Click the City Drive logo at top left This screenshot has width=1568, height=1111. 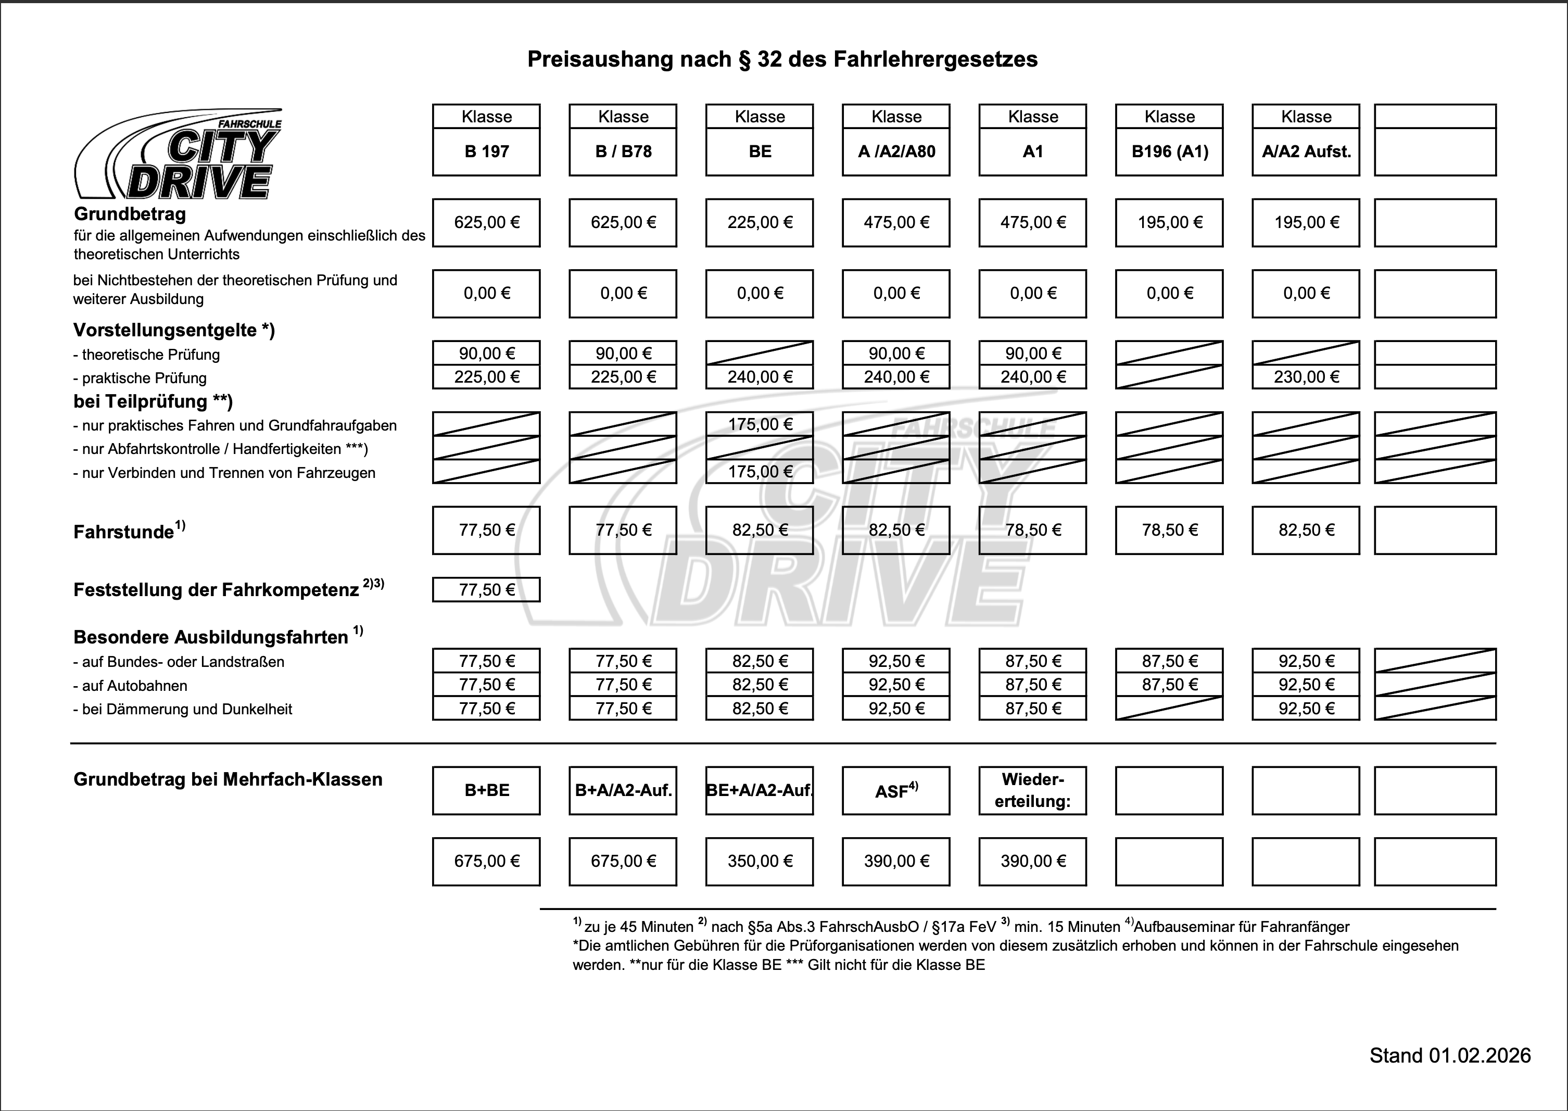pyautogui.click(x=178, y=155)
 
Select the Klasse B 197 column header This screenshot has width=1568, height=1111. pyautogui.click(x=486, y=140)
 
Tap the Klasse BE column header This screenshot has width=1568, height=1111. pyautogui.click(x=760, y=140)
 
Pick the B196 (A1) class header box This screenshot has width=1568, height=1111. pyautogui.click(x=1169, y=140)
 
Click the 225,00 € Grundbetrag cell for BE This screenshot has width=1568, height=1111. pyautogui.click(x=760, y=222)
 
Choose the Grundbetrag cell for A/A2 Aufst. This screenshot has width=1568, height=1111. pyautogui.click(x=1306, y=222)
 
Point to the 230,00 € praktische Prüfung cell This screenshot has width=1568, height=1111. pyautogui.click(x=1306, y=377)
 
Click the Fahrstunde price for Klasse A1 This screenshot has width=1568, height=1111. pyautogui.click(x=1032, y=530)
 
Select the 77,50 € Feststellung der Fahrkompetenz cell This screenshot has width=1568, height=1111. pyautogui.click(x=486, y=590)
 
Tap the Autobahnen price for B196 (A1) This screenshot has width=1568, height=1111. pyautogui.click(x=1169, y=685)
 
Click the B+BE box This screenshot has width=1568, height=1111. pyautogui.click(x=486, y=791)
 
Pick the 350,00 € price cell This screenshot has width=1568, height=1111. pyautogui.click(x=760, y=861)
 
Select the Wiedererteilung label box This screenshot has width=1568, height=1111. pyautogui.click(x=1032, y=791)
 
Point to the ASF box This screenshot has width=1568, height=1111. pyautogui.click(x=896, y=791)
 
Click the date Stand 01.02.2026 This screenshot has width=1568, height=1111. pyautogui.click(x=1450, y=1056)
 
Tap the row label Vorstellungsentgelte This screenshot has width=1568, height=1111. pyautogui.click(x=174, y=331)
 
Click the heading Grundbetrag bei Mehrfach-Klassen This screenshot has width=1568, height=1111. pyautogui.click(x=228, y=780)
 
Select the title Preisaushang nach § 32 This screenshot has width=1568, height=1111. pyautogui.click(x=782, y=59)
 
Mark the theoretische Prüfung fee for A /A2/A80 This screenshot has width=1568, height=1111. pyautogui.click(x=896, y=353)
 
